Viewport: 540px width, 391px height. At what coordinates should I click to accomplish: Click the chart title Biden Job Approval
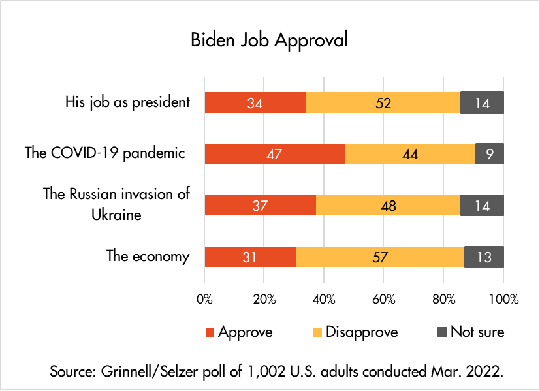point(269,39)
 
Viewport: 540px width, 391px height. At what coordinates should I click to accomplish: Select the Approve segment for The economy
point(250,257)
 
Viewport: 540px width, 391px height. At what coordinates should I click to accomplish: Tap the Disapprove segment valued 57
point(380,257)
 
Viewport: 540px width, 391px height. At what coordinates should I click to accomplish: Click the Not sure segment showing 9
point(489,153)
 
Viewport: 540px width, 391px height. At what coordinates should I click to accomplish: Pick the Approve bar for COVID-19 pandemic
point(274,153)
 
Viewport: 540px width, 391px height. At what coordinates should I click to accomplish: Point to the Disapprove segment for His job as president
point(383,102)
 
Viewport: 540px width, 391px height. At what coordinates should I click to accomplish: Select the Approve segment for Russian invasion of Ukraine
point(260,205)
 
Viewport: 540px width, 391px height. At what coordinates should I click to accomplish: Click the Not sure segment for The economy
point(484,257)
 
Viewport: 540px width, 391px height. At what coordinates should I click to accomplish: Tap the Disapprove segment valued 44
point(410,153)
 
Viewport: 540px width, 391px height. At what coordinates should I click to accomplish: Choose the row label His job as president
point(127,102)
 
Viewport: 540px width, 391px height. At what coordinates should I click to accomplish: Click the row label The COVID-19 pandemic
point(104,153)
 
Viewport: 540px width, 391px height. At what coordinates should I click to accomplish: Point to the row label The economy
point(148,256)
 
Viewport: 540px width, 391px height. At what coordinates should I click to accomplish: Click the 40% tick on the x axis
point(324,300)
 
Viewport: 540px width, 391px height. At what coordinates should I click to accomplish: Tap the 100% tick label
point(503,300)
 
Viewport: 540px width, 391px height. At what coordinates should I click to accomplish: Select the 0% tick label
point(204,300)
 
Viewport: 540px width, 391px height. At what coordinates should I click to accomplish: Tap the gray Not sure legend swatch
point(441,332)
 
